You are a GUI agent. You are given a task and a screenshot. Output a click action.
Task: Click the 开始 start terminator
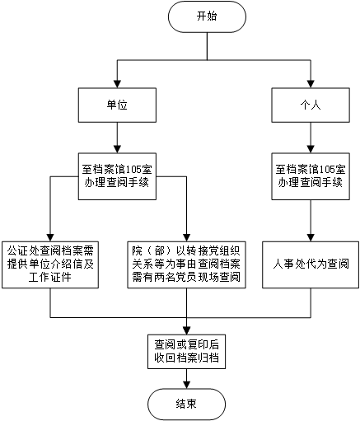207,16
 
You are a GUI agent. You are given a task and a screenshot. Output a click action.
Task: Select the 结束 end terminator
186,404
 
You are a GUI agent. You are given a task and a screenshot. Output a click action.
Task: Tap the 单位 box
117,105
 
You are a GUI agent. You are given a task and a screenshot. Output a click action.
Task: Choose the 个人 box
311,105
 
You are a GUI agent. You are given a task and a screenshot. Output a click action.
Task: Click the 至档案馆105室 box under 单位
117,176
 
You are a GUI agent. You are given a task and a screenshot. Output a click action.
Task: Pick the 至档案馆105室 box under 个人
311,176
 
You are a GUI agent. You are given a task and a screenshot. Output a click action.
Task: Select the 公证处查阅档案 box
50,264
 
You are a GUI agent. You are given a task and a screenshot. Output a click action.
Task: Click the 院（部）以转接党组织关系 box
186,264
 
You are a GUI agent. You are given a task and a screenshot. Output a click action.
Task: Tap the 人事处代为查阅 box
311,264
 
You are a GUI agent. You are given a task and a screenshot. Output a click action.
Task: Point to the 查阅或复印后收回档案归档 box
186,352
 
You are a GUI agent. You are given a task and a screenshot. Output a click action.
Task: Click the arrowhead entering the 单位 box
117,84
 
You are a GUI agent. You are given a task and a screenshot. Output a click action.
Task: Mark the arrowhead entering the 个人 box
311,84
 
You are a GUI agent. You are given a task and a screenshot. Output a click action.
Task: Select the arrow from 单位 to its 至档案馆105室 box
117,138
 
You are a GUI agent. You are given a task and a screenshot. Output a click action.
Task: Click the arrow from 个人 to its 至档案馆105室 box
311,138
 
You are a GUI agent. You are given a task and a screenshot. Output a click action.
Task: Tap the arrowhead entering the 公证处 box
50,237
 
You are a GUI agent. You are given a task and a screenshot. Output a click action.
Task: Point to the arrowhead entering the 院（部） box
186,237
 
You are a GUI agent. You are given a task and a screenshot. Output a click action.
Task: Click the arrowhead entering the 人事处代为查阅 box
311,237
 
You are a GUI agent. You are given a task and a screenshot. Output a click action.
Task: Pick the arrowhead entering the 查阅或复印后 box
186,330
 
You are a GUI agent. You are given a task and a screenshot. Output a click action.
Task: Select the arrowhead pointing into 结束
186,385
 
